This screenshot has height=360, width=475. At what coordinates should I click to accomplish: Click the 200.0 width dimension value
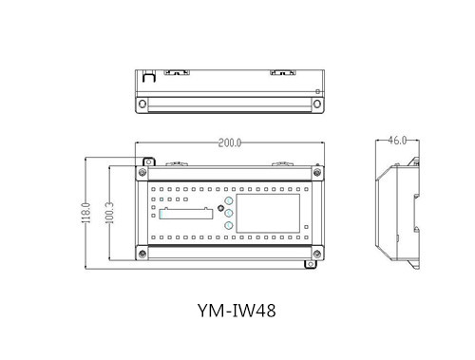click(x=230, y=143)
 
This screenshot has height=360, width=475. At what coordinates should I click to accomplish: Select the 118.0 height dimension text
click(x=86, y=213)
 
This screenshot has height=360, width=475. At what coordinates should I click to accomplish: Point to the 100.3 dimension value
click(x=109, y=213)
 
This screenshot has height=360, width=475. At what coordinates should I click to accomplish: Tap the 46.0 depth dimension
click(x=397, y=140)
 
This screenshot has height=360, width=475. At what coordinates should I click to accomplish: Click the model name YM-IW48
click(x=237, y=311)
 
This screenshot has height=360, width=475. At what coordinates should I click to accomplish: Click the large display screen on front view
click(x=268, y=214)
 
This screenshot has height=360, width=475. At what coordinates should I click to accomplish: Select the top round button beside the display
click(x=229, y=200)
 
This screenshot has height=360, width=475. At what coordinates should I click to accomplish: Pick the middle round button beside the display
click(x=229, y=213)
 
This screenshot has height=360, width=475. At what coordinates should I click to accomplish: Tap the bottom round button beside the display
click(x=229, y=225)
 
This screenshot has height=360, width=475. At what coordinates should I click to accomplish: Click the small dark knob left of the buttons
click(x=220, y=208)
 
